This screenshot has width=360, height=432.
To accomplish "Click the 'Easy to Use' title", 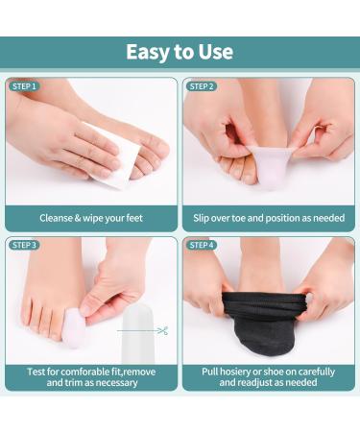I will (180, 52).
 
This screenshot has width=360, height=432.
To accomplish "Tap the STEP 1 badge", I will (25, 86).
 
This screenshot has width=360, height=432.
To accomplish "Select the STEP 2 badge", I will (202, 86).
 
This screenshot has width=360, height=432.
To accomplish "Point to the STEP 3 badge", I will (25, 245).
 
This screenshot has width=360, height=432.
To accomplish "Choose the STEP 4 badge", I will (202, 245).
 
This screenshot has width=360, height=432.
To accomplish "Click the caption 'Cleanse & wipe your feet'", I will (91, 218).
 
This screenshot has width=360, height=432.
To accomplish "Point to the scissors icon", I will (160, 331).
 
